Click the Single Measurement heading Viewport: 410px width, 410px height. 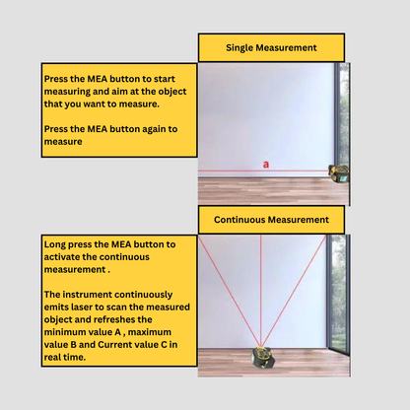(271, 48)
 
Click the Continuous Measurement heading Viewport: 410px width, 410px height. (271, 220)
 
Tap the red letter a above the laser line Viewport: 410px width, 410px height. (266, 165)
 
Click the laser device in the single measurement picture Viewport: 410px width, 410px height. (339, 173)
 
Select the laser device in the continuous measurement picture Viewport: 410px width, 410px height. (261, 357)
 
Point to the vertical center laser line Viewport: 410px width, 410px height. (261, 291)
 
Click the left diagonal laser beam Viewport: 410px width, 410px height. (229, 291)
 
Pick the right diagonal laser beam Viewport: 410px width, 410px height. (295, 291)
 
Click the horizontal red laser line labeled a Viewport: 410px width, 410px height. (263, 171)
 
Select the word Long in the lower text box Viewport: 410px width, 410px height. (54, 244)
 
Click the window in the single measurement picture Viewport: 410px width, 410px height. (342, 115)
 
